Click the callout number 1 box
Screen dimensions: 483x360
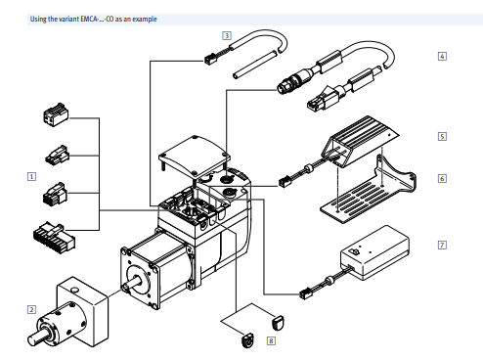pos(31,177)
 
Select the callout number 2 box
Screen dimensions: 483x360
pos(31,309)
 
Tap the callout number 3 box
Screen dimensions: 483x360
pos(227,35)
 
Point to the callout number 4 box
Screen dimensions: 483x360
pos(442,57)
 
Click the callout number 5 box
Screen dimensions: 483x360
pos(442,136)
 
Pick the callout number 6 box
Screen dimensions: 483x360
pos(442,178)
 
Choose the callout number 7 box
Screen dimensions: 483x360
pos(442,245)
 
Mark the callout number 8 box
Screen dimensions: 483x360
pos(271,341)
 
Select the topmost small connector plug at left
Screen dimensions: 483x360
pos(56,115)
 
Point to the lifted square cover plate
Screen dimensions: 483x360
pos(195,156)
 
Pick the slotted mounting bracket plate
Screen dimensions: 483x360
pos(367,193)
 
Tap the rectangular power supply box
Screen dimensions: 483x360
pos(374,252)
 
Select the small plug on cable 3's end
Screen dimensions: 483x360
pos(210,59)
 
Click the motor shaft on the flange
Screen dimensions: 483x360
pos(134,283)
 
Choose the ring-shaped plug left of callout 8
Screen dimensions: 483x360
pos(248,340)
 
